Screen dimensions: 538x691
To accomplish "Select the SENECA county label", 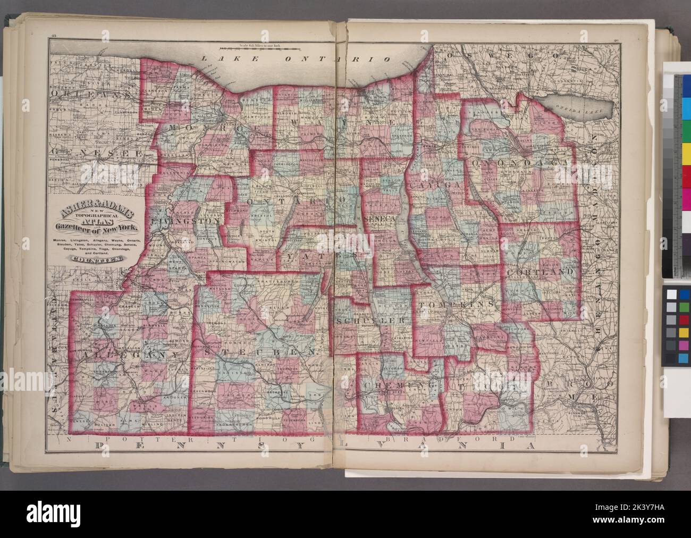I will (378, 219).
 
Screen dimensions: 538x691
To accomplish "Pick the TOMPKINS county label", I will (457, 304).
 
